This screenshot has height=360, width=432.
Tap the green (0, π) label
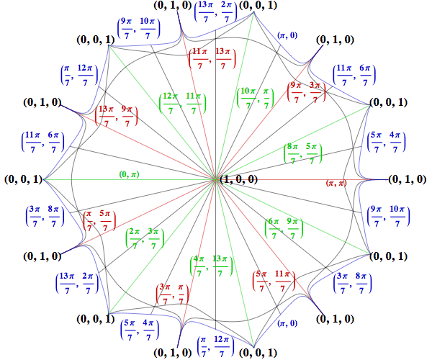[130, 174]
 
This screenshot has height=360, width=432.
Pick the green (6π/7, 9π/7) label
[284, 230]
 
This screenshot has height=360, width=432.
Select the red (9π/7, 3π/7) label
[305, 92]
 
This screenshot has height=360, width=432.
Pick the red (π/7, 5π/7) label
[99, 220]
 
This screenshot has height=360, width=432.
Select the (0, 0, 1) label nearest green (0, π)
[22, 179]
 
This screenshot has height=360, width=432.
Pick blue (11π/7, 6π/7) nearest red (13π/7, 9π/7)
[43, 140]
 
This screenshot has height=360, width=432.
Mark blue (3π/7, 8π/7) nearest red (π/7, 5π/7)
[43, 217]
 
